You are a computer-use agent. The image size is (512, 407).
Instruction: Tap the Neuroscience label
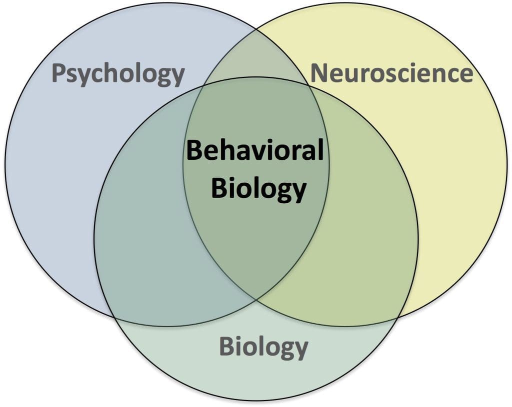[x=391, y=73]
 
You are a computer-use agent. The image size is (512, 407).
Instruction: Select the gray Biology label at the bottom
[x=263, y=347]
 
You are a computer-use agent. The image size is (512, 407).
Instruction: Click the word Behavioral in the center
[x=255, y=150]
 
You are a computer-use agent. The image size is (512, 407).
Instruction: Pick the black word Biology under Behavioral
[x=258, y=189]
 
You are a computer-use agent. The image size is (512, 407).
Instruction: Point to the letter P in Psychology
[x=59, y=74]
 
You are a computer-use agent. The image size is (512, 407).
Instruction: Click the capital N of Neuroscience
[x=319, y=73]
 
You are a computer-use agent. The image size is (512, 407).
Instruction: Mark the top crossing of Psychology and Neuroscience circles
[x=256, y=28]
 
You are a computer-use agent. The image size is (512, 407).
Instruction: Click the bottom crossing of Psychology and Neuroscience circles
[x=256, y=300]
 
